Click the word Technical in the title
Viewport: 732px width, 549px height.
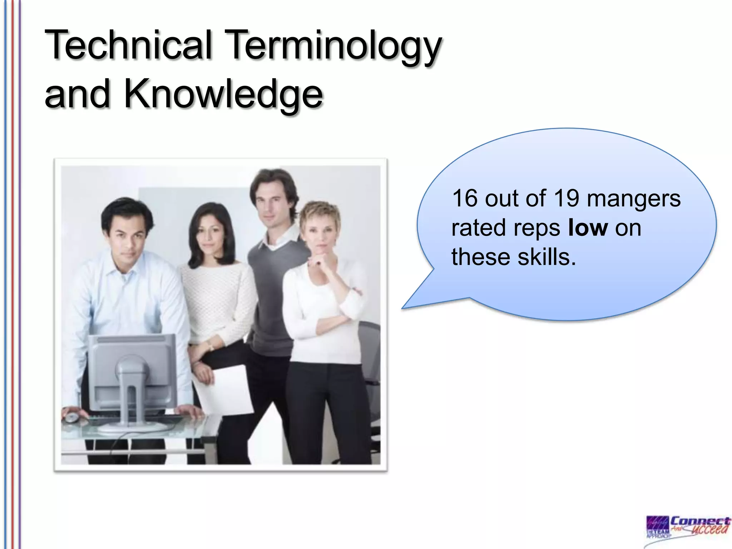point(129,45)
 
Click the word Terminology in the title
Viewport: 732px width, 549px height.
point(334,46)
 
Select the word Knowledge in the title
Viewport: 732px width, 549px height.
point(223,94)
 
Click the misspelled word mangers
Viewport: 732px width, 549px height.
point(633,199)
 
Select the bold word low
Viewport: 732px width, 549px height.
point(588,228)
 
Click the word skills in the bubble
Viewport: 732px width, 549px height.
point(546,257)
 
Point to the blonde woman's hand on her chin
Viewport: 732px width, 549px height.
point(318,263)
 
